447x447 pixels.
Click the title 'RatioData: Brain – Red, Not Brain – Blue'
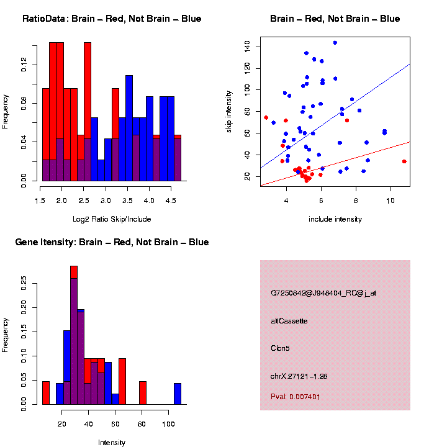tap(112, 19)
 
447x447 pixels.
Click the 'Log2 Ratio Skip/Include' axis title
tap(112, 219)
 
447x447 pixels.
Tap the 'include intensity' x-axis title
tap(335, 219)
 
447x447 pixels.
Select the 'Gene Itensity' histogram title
tap(112, 242)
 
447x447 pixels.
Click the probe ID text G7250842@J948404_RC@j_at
tap(323, 293)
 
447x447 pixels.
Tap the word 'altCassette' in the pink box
tap(289, 321)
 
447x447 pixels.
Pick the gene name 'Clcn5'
tap(280, 348)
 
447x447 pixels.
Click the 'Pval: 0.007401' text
tap(296, 396)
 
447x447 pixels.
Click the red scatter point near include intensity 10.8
tap(404, 161)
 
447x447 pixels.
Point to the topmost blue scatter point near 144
tap(335, 43)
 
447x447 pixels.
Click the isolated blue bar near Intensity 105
tap(178, 394)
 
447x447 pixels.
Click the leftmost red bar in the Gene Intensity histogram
tap(46, 393)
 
